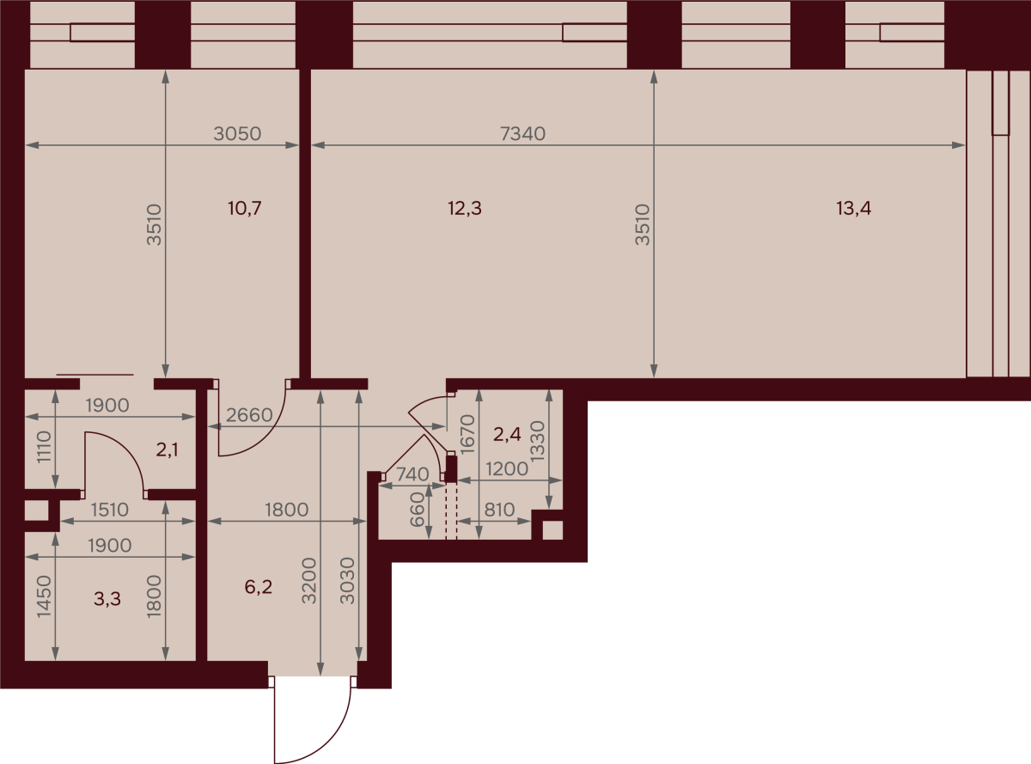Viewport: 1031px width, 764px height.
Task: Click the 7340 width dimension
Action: coord(522,134)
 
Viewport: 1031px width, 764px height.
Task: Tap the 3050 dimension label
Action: coord(237,134)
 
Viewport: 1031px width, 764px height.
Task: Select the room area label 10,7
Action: coord(245,208)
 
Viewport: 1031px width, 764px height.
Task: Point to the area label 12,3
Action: coord(465,208)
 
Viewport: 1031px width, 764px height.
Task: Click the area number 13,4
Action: coord(853,208)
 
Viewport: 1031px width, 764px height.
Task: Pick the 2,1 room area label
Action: coord(167,449)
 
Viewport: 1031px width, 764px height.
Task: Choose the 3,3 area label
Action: coord(107,598)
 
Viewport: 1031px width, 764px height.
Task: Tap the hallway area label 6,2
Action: coord(258,587)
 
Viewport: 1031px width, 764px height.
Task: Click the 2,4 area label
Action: coord(507,434)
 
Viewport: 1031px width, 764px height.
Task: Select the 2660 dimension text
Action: coord(249,415)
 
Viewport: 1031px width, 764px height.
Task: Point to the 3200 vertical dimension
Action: coord(308,581)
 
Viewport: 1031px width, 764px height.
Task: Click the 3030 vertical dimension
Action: coord(347,581)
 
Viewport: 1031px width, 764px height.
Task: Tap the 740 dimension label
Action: coord(412,474)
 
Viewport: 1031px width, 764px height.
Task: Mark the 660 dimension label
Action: coord(418,510)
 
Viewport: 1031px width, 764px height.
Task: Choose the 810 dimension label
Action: coord(500,510)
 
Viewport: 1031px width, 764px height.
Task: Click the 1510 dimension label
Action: coord(110,510)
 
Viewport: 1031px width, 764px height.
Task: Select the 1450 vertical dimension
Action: coord(44,596)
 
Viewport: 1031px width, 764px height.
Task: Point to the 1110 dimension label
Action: coord(44,446)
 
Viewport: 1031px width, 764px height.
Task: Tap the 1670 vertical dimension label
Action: coord(467,434)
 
